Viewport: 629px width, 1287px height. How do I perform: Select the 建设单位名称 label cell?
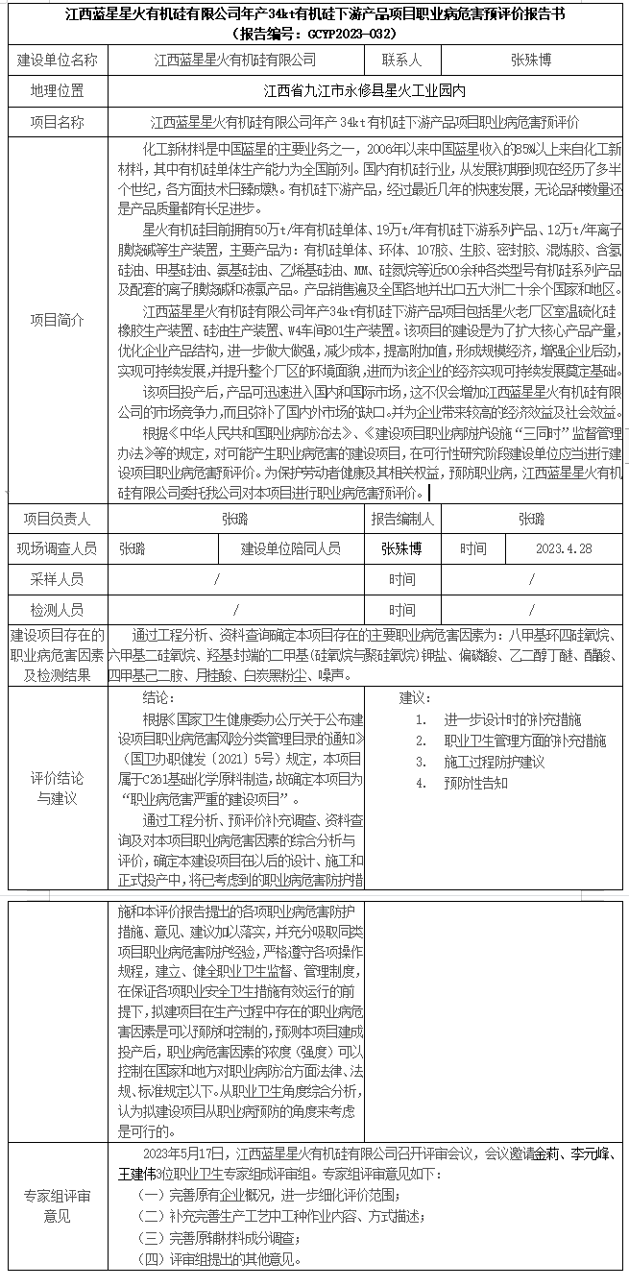(58, 60)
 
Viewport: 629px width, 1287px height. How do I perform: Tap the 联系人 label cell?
(401, 60)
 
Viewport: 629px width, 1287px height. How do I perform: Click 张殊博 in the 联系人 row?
(531, 60)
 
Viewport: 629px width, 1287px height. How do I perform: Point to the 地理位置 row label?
(58, 92)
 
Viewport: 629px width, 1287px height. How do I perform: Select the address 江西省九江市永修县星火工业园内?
(364, 92)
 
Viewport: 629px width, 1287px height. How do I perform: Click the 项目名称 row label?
(58, 123)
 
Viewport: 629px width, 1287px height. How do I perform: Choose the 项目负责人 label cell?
(58, 519)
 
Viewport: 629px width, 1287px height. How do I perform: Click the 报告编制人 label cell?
(402, 519)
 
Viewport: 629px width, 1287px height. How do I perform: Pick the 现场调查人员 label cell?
(58, 548)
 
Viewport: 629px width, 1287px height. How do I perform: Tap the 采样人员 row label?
(58, 579)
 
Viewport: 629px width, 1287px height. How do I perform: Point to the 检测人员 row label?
(58, 610)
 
